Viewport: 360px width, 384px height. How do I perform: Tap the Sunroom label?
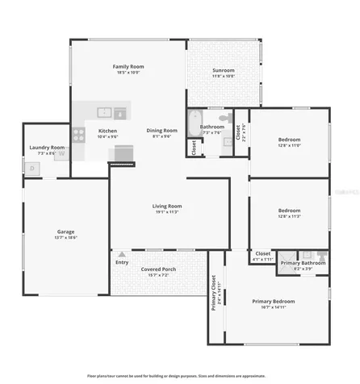224,70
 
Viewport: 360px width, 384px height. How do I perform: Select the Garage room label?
65,232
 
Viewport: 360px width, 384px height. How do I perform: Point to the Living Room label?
167,206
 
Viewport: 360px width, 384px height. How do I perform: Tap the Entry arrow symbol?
122,254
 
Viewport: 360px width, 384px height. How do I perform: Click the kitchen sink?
104,112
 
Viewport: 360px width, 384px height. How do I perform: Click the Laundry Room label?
47,148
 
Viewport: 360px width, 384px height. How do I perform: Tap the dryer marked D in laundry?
32,168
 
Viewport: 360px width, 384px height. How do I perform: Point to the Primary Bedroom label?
278,301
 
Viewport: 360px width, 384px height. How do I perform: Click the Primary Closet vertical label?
214,293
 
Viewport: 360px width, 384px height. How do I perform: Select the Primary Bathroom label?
303,262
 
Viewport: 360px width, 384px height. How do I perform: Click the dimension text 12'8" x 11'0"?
288,146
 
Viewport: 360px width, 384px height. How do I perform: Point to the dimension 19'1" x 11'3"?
167,212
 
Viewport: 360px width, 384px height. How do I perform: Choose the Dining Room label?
161,130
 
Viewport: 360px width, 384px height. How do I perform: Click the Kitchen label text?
108,131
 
